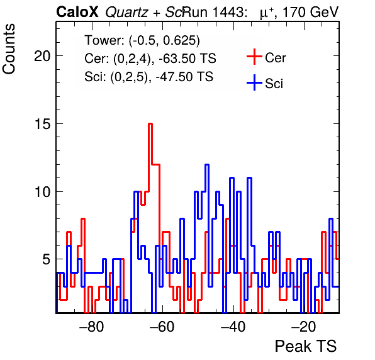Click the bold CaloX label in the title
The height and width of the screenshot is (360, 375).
77,12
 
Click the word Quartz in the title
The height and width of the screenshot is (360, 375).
126,13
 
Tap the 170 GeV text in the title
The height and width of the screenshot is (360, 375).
310,12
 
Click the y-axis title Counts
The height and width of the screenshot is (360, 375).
9,49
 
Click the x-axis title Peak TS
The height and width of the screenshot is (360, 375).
306,346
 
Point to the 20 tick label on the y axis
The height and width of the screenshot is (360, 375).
43,56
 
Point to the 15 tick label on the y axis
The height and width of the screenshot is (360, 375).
43,124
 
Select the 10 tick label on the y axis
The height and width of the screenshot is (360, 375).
43,192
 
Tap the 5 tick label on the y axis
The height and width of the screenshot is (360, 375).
47,259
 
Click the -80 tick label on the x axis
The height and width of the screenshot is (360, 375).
92,327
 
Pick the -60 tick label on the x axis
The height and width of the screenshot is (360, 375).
162,327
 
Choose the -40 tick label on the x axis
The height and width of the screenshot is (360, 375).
233,327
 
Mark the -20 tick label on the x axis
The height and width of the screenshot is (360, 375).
304,327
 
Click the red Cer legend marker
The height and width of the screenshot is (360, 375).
254,57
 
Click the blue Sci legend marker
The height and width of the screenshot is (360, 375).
254,83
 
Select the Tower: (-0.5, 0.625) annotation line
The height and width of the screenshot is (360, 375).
142,40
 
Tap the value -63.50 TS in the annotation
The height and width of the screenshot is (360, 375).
187,59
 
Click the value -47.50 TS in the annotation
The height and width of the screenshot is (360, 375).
184,77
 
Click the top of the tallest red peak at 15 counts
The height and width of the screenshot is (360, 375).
150,123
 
